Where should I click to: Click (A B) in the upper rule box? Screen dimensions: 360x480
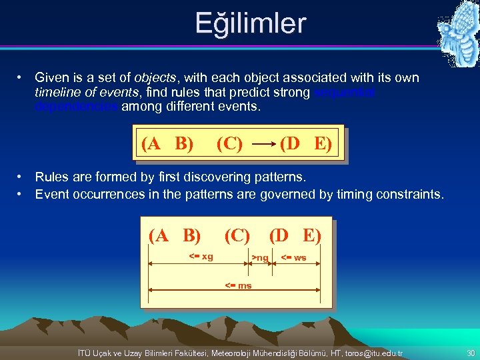pyautogui.click(x=167, y=143)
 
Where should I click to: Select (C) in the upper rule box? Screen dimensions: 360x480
pyautogui.click(x=229, y=143)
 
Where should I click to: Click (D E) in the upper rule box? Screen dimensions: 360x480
pyautogui.click(x=305, y=143)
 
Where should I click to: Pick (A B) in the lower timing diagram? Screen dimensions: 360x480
pyautogui.click(x=175, y=235)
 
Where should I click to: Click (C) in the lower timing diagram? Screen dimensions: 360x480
pyautogui.click(x=237, y=235)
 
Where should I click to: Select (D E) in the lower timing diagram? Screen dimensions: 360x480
pyautogui.click(x=295, y=235)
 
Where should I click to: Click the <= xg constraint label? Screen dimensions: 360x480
pyautogui.click(x=201, y=257)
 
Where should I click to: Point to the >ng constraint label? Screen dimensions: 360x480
pyautogui.click(x=259, y=257)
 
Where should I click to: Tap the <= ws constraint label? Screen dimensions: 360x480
pyautogui.click(x=293, y=257)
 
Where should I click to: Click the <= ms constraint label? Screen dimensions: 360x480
pyautogui.click(x=238, y=285)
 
